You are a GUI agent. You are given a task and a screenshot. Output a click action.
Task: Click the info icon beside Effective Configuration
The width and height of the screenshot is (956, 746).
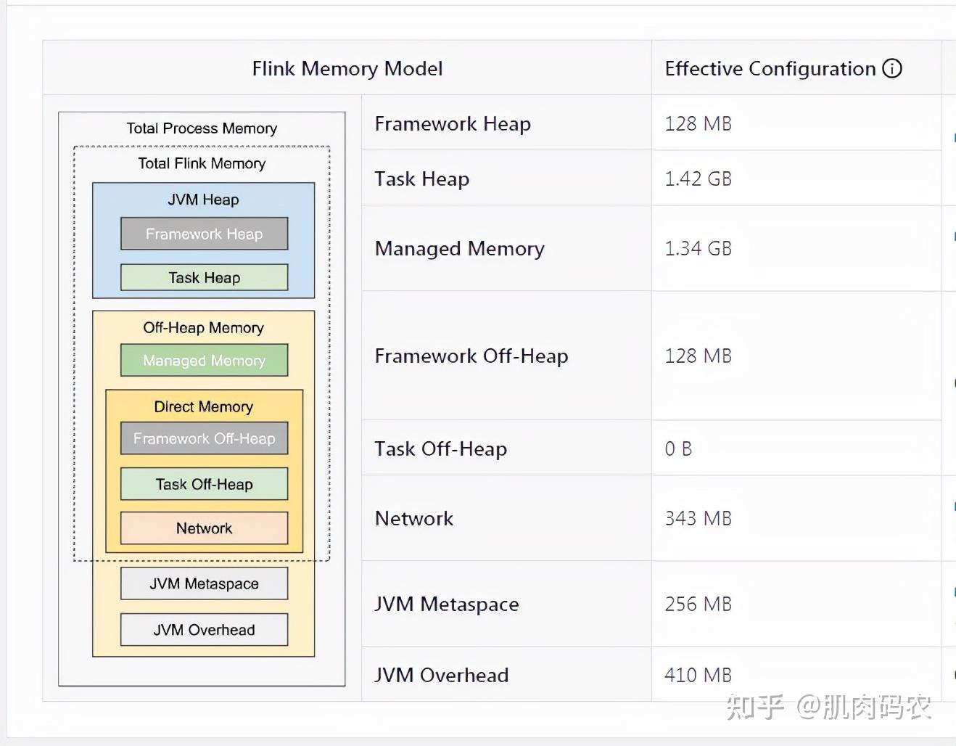892,69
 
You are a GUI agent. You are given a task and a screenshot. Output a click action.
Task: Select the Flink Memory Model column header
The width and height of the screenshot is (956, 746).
347,69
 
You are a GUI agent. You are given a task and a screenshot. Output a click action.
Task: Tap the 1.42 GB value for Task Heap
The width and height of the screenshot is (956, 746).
698,179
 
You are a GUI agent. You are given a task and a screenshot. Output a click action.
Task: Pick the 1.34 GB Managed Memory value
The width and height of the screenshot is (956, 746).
698,248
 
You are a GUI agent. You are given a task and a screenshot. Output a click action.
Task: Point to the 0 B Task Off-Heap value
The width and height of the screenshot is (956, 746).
678,449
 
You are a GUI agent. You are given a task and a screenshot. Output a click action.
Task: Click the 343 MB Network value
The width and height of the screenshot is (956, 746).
698,518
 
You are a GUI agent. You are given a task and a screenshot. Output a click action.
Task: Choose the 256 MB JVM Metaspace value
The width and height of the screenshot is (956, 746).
698,604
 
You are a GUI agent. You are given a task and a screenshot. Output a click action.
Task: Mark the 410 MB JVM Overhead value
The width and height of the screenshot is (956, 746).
698,675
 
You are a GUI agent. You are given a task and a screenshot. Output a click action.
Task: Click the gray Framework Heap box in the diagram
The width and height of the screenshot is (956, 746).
205,233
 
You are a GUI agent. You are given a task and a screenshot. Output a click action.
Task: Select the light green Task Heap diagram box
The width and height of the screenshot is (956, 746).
205,277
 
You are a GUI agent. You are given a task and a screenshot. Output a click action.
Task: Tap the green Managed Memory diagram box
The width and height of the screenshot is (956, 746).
205,360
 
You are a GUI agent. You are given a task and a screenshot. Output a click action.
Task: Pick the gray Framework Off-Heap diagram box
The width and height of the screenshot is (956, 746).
205,438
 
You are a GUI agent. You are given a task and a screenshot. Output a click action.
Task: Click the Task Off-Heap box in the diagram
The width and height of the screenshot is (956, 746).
205,484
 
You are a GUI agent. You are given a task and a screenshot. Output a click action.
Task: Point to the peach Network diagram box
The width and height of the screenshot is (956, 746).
205,528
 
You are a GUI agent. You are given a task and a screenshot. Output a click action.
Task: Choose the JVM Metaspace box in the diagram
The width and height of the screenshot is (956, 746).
205,583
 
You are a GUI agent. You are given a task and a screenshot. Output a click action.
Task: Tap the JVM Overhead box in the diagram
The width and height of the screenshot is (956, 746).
205,629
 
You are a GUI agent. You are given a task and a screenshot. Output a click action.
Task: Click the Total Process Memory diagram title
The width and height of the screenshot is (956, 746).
202,128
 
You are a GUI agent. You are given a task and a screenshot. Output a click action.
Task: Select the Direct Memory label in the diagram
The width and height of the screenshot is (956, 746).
204,406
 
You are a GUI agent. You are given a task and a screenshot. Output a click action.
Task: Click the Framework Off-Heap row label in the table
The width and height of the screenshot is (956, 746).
471,356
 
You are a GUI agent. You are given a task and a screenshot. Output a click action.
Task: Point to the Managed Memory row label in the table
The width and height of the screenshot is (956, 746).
459,249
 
